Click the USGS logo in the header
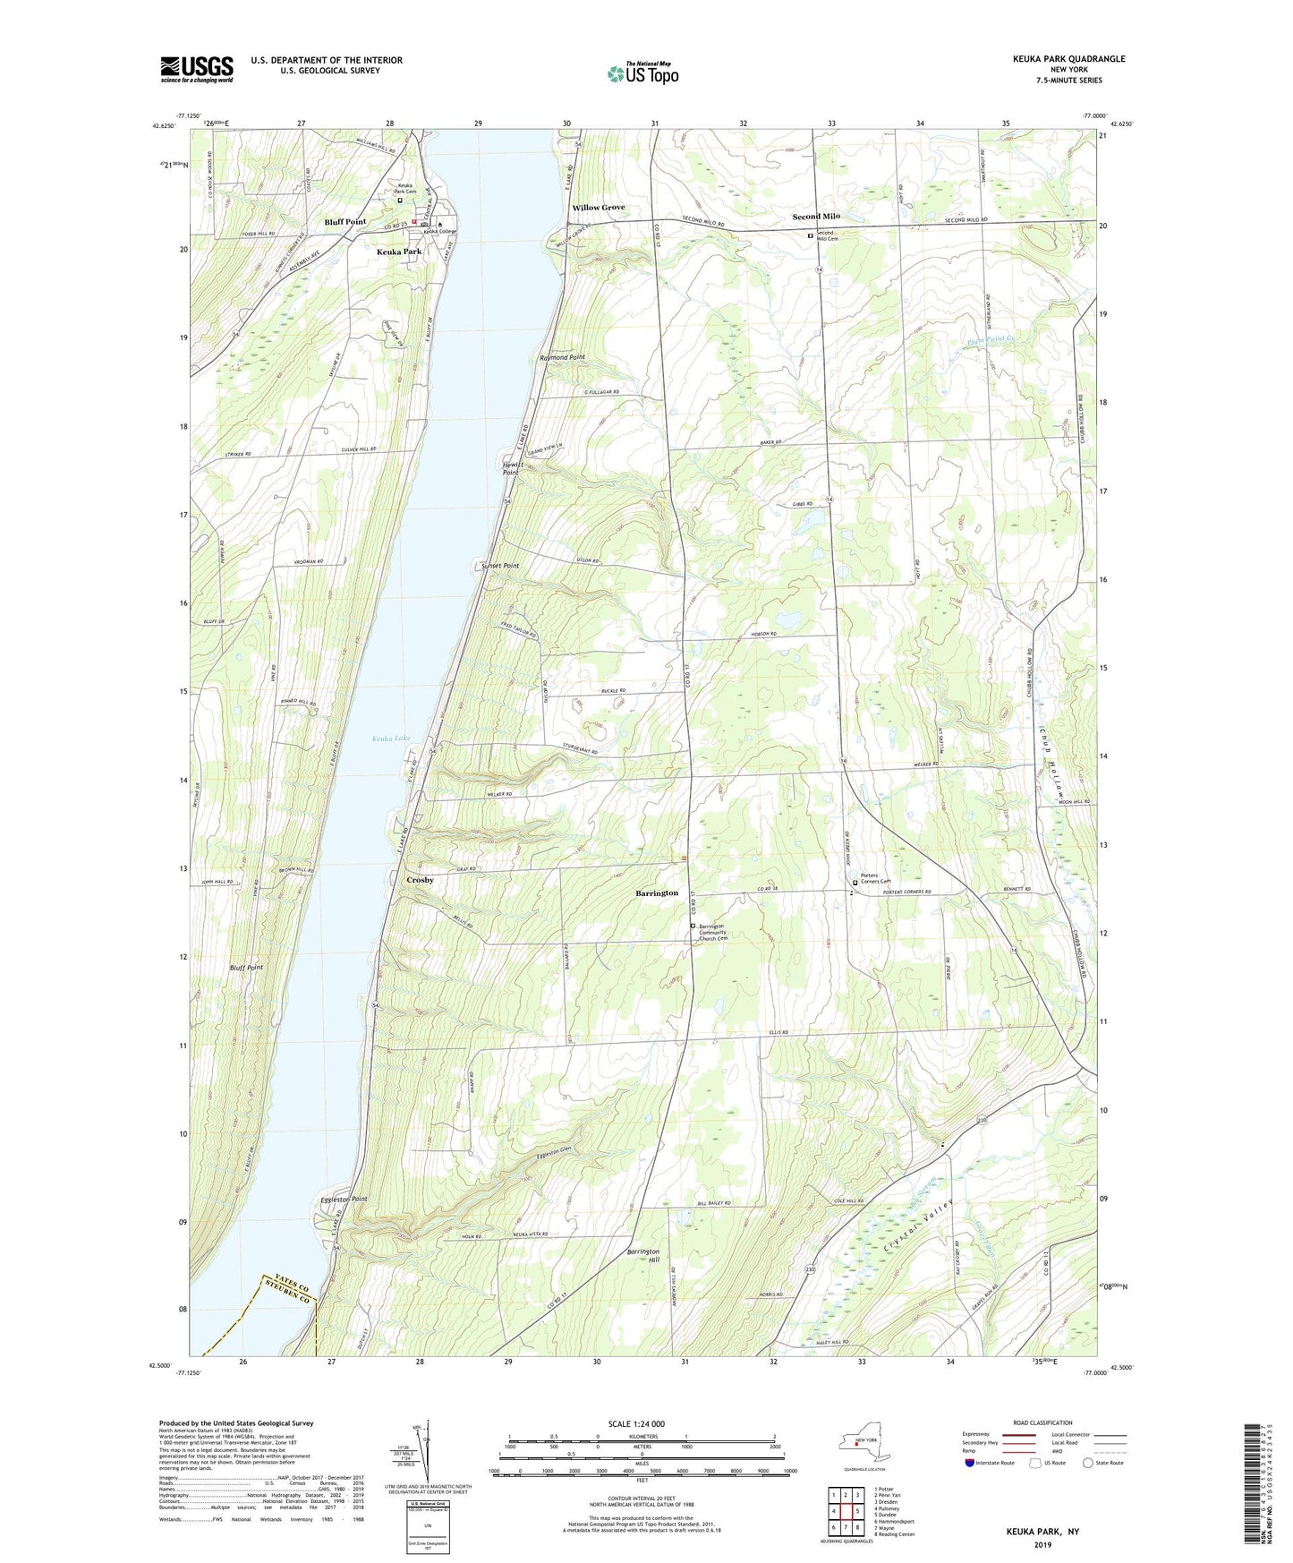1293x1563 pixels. pos(197,68)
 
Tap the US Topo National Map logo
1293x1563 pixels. pos(642,73)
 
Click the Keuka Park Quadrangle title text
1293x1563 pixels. pos(1068,59)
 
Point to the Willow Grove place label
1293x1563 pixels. pos(599,208)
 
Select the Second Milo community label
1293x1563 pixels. pos(815,217)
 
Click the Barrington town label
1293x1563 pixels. pos(656,893)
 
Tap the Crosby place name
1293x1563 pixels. pos(420,880)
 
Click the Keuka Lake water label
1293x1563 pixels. pos(391,739)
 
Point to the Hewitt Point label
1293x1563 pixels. pos(510,468)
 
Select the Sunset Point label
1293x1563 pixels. pos(499,566)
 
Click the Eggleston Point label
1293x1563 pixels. pos(344,1199)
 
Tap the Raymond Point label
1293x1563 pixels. pos(562,357)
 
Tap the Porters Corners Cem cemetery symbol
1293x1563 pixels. pos(855,883)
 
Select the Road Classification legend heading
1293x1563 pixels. pos(1042,1422)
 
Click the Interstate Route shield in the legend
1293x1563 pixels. pos(969,1463)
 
